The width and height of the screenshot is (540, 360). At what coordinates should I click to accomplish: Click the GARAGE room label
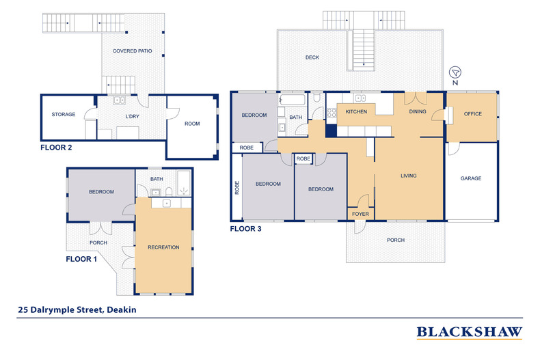tap(471, 178)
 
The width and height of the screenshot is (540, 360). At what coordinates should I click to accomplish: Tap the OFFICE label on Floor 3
tap(472, 113)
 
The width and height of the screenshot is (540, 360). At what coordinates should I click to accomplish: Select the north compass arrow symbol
tap(455, 72)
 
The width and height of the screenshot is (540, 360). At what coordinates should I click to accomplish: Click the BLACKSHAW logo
tap(470, 332)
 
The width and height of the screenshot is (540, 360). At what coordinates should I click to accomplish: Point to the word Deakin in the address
tap(122, 309)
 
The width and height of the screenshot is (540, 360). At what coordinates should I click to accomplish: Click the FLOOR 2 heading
tap(56, 148)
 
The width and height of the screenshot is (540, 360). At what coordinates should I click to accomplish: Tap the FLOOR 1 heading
tap(81, 259)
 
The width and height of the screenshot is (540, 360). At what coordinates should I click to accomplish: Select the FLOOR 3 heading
tap(245, 229)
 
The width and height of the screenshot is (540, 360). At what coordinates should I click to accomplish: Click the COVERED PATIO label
tap(132, 51)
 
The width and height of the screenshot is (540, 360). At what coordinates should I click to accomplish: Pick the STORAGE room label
tap(64, 114)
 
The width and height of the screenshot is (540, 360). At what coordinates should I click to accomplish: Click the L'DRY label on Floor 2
tap(132, 116)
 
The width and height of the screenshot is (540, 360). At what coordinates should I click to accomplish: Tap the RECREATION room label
tap(163, 247)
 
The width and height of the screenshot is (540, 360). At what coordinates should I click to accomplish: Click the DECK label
tap(312, 57)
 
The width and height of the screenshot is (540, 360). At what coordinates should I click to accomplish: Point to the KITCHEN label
tap(356, 111)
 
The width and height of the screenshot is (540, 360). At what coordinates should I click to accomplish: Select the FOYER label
tap(360, 214)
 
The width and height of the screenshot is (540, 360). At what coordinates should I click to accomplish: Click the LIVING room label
tap(409, 176)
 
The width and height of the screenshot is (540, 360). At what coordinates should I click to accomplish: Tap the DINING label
tap(418, 111)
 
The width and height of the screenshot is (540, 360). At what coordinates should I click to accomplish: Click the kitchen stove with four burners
tap(332, 113)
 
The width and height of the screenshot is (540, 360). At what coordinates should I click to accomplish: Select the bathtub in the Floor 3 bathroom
tap(292, 100)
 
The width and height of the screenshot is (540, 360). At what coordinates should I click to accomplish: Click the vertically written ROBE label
tap(237, 188)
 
